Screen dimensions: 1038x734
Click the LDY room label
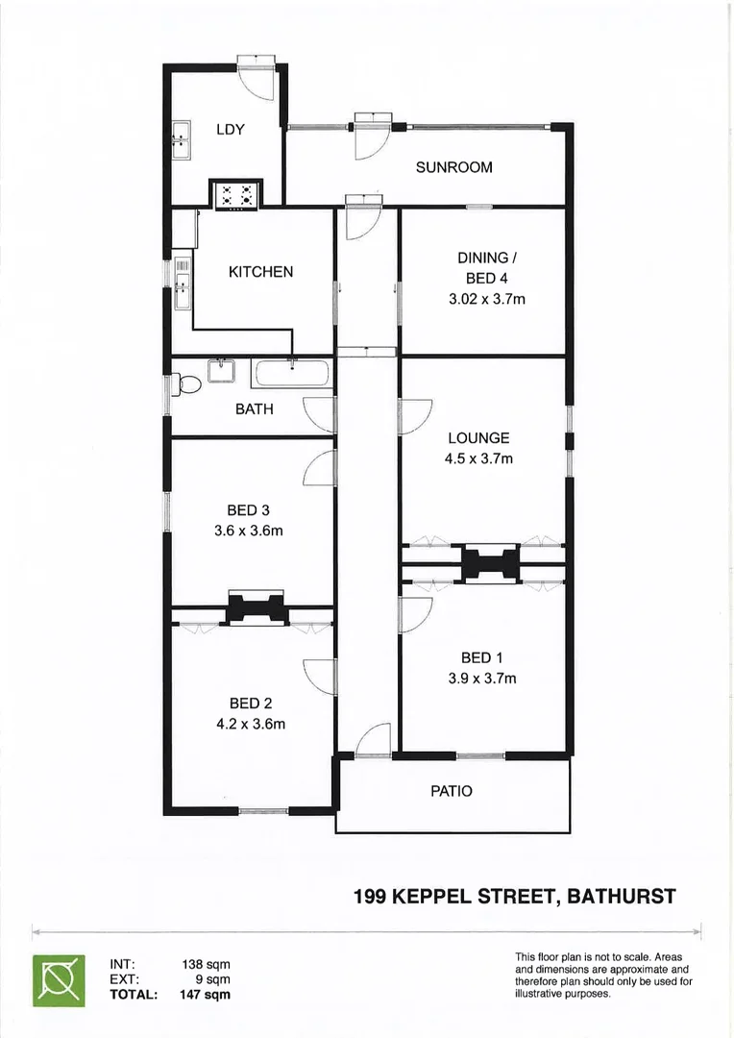pyautogui.click(x=231, y=130)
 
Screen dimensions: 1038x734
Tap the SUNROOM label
pyautogui.click(x=453, y=167)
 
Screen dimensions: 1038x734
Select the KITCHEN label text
pyautogui.click(x=260, y=272)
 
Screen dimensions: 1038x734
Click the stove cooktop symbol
pyautogui.click(x=236, y=194)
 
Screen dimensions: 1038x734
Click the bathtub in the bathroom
pyautogui.click(x=291, y=374)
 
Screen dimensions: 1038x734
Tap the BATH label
pyautogui.click(x=254, y=408)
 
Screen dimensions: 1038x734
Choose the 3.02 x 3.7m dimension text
pyautogui.click(x=487, y=299)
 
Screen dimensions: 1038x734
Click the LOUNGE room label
pyautogui.click(x=478, y=438)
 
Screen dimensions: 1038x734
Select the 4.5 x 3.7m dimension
pyautogui.click(x=479, y=458)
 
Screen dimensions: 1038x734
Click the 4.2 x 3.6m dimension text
pyautogui.click(x=251, y=724)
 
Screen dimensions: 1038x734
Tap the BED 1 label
pyautogui.click(x=482, y=657)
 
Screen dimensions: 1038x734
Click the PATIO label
pyautogui.click(x=452, y=791)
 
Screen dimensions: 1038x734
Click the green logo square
pyautogui.click(x=59, y=979)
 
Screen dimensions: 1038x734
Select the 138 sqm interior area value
pyautogui.click(x=206, y=964)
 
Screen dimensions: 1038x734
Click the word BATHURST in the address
pyautogui.click(x=622, y=897)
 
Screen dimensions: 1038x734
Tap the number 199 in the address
pyautogui.click(x=371, y=897)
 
